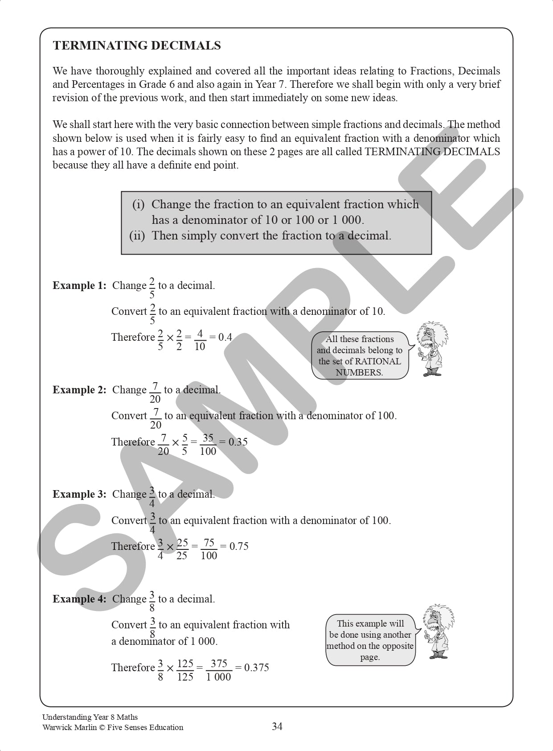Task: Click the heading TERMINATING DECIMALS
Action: pos(137,45)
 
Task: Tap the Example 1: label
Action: pos(79,285)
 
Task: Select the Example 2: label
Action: pos(79,390)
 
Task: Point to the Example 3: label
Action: pos(79,494)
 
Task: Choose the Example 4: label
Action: pos(79,599)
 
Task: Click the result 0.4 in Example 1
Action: pos(225,337)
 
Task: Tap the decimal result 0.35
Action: pos(238,442)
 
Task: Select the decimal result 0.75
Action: pos(239,546)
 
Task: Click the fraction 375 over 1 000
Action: pos(219,670)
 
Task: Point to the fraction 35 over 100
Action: pos(208,444)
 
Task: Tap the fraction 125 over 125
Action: pos(185,670)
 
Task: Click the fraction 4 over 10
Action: pos(200,340)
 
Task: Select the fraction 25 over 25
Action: pos(182,549)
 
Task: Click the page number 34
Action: pos(277,726)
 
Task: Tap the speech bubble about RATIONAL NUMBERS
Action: pos(360,355)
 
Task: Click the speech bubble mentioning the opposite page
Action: pos(370,640)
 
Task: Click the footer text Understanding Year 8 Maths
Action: pos(90,717)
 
